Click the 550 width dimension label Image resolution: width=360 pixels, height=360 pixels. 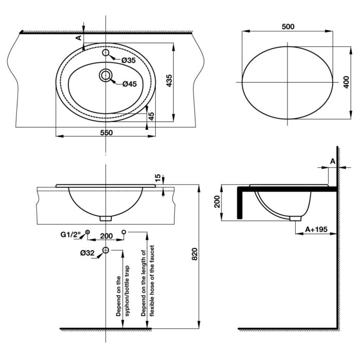coord(106,132)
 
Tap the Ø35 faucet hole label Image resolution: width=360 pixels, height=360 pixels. coord(129,61)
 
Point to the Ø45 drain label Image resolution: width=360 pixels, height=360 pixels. coord(130,84)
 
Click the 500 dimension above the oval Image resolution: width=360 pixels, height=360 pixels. coord(289,27)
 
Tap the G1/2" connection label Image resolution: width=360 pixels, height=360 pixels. coord(71,236)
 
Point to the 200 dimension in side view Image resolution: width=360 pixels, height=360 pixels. coord(217,202)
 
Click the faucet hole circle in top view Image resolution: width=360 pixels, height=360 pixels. coord(105,53)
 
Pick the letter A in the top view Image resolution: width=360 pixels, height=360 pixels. coord(79,38)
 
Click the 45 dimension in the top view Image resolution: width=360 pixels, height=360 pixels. coord(151,116)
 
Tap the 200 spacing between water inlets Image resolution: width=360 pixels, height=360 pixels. coord(106,236)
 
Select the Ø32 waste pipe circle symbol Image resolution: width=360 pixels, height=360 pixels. coord(105,250)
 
